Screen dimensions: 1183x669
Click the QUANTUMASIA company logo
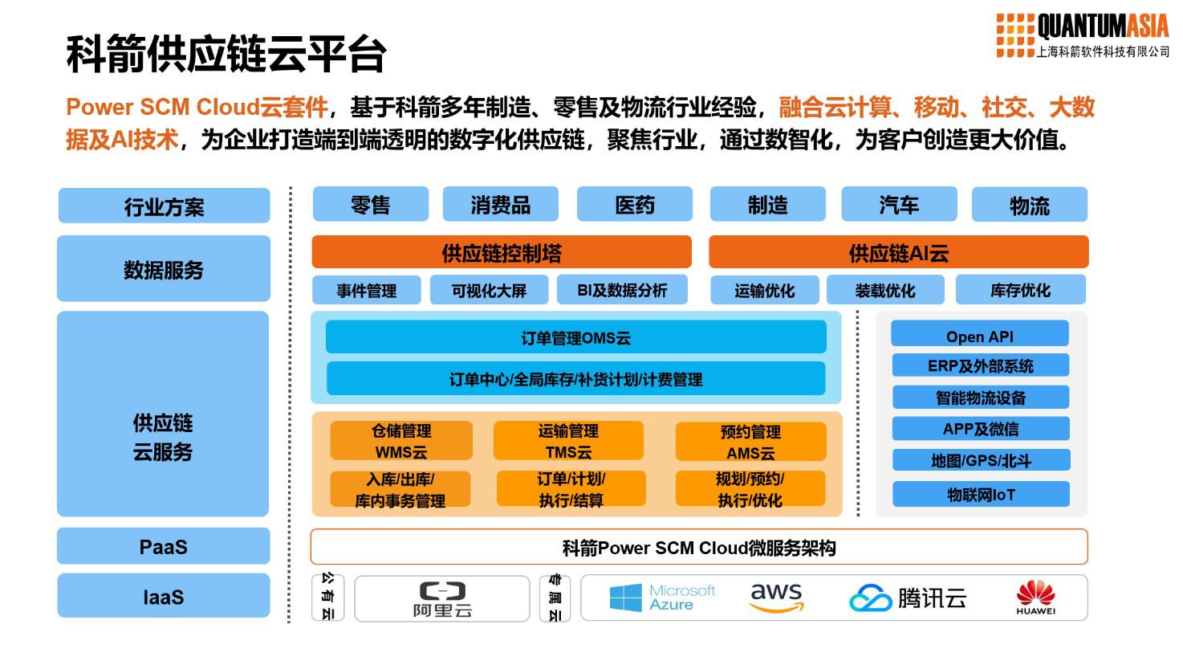pyautogui.click(x=1082, y=35)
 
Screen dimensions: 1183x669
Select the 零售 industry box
pyautogui.click(x=370, y=204)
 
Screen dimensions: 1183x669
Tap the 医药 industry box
pyautogui.click(x=634, y=204)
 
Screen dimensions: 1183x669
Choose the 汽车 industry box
pyautogui.click(x=899, y=204)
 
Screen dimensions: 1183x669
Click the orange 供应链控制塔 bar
pyautogui.click(x=501, y=252)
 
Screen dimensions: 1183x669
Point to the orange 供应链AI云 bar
pyautogui.click(x=898, y=252)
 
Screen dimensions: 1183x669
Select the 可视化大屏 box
pyautogui.click(x=489, y=290)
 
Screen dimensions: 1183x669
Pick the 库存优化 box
pyautogui.click(x=1020, y=290)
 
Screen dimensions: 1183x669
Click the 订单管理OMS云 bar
pyautogui.click(x=575, y=337)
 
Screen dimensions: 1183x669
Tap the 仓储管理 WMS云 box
pyautogui.click(x=400, y=441)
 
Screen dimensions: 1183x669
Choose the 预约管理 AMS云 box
pyautogui.click(x=750, y=441)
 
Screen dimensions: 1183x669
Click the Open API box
pyautogui.click(x=980, y=333)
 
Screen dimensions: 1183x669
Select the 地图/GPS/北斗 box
pyautogui.click(x=982, y=459)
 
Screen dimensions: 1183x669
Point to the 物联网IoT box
pyautogui.click(x=982, y=494)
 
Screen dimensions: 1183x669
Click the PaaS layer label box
pyautogui.click(x=163, y=546)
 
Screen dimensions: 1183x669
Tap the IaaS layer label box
pyautogui.click(x=163, y=596)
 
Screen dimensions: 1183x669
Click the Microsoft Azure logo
pyautogui.click(x=662, y=598)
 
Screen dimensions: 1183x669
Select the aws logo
pyautogui.click(x=776, y=598)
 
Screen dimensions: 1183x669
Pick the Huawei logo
pyautogui.click(x=1035, y=598)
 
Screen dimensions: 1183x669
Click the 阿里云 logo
pyautogui.click(x=442, y=599)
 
